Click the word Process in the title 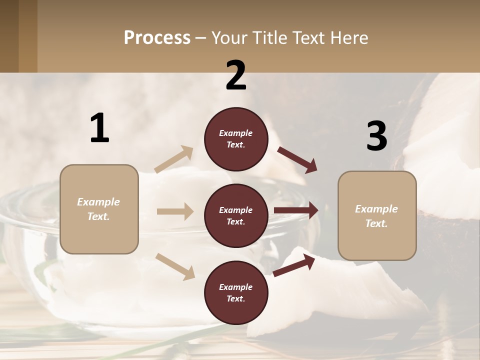[x=157, y=38]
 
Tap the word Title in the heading [x=269, y=38]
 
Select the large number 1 [x=99, y=128]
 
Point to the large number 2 [x=236, y=75]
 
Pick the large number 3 [x=376, y=136]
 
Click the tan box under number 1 [x=99, y=209]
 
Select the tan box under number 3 [x=377, y=215]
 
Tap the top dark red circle [x=236, y=139]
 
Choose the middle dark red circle [x=236, y=215]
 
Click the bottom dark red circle [x=236, y=292]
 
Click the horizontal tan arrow [x=175, y=211]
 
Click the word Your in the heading [x=229, y=38]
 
